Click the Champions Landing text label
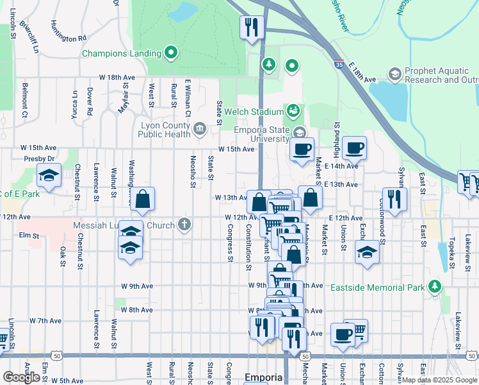(x=121, y=53)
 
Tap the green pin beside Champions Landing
(x=171, y=53)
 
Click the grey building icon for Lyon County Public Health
(x=200, y=130)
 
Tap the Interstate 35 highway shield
(x=339, y=64)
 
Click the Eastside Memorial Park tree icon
(x=435, y=286)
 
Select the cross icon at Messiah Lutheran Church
(x=184, y=225)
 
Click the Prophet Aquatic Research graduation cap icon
(x=394, y=75)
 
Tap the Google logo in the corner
(x=21, y=377)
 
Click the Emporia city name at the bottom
(x=264, y=377)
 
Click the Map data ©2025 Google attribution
(x=439, y=380)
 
